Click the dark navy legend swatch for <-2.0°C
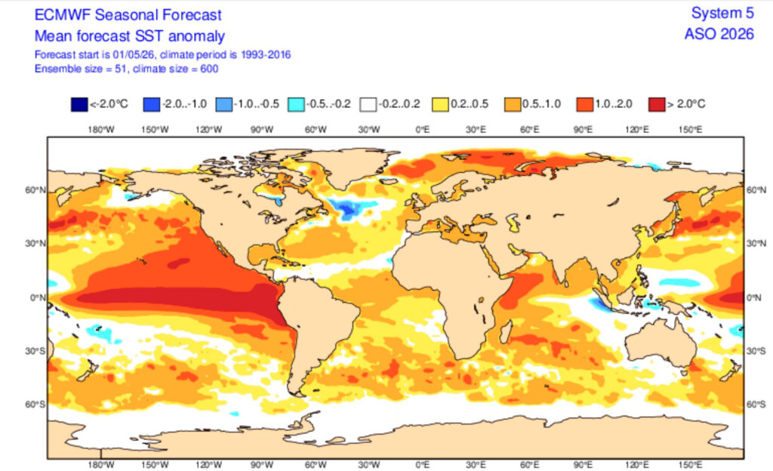pyautogui.click(x=79, y=104)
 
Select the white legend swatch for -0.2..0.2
pyautogui.click(x=368, y=104)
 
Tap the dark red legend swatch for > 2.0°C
pyautogui.click(x=658, y=104)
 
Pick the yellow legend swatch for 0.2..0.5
pyautogui.click(x=441, y=104)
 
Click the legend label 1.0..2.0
pyautogui.click(x=613, y=104)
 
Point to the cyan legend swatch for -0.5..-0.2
pyautogui.click(x=296, y=104)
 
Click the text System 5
pyautogui.click(x=722, y=13)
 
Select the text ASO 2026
pyautogui.click(x=719, y=34)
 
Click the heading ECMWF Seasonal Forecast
pyautogui.click(x=128, y=15)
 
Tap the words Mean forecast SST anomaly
pyautogui.click(x=130, y=36)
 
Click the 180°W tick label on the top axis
pyautogui.click(x=101, y=130)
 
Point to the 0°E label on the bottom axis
pyautogui.click(x=423, y=465)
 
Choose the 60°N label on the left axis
pyautogui.click(x=35, y=190)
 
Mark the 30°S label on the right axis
pyautogui.click(x=756, y=351)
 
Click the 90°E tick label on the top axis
pyautogui.click(x=583, y=130)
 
